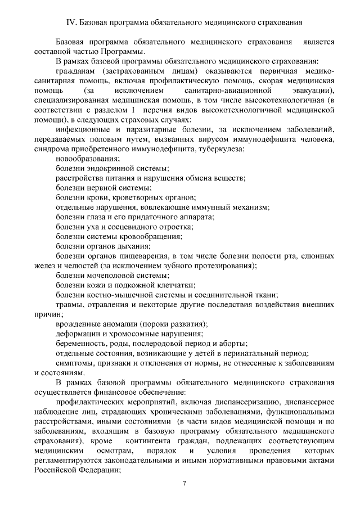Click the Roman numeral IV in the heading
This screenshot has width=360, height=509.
point(71,23)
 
